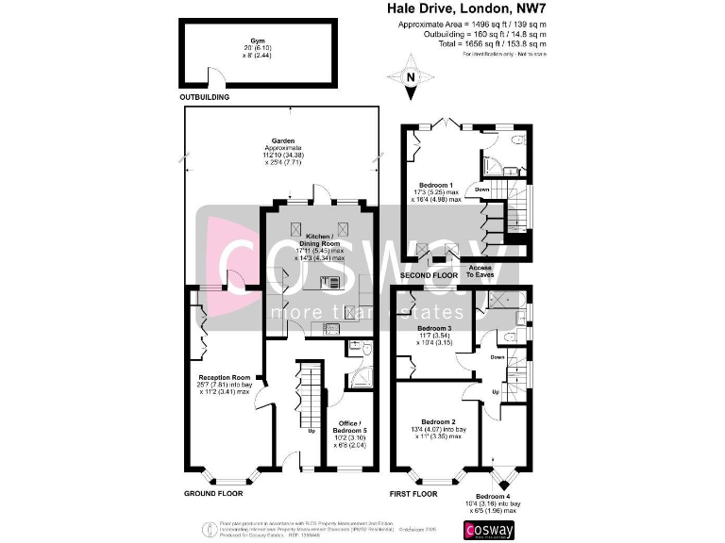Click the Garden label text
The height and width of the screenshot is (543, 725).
coord(283,141)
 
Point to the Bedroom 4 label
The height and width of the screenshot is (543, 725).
coord(493,496)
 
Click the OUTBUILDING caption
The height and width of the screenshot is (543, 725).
coord(204,97)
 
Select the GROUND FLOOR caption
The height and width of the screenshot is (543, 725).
coord(212,493)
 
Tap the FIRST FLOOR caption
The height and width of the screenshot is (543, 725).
coord(413,493)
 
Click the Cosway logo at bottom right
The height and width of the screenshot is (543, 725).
coord(489,529)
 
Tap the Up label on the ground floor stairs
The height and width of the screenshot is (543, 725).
coord(312,432)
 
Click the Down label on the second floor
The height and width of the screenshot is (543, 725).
coord(481,189)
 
